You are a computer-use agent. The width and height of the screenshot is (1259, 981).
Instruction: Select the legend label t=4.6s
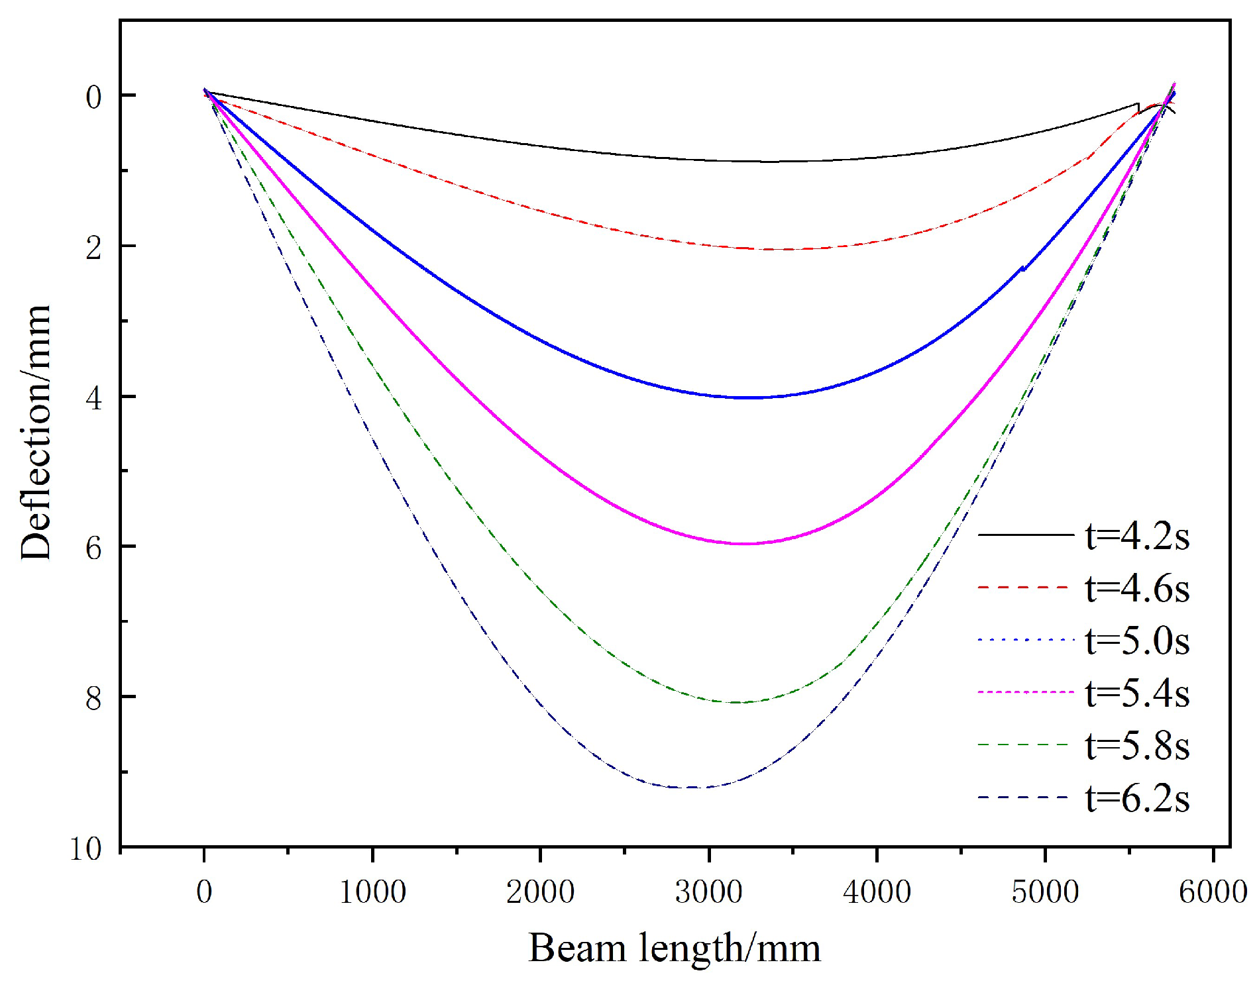pyautogui.click(x=1137, y=588)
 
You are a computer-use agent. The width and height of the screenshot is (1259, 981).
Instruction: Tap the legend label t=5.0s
pyautogui.click(x=1137, y=641)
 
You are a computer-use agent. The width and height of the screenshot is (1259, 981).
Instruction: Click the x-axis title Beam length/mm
pyautogui.click(x=674, y=948)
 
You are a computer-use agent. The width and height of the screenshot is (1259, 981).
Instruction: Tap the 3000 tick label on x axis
pyautogui.click(x=708, y=892)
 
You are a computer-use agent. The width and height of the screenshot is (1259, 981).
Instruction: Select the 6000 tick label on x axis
pyautogui.click(x=1213, y=892)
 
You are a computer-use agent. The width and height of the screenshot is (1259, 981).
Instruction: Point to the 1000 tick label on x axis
pyautogui.click(x=372, y=892)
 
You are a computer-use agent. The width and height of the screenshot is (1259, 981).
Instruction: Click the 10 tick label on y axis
pyautogui.click(x=85, y=849)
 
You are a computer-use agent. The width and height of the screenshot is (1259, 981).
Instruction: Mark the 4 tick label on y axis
pyautogui.click(x=93, y=397)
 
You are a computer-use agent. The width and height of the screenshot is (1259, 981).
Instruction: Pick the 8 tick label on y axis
pyautogui.click(x=93, y=698)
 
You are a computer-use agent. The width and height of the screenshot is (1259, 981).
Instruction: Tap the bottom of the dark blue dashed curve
pyautogui.click(x=689, y=788)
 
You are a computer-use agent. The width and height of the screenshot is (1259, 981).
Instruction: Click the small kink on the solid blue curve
pyautogui.click(x=1022, y=268)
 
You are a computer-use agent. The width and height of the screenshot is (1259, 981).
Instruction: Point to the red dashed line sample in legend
pyautogui.click(x=1024, y=588)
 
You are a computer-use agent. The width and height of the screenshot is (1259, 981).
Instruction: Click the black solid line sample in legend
pyautogui.click(x=1024, y=535)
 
